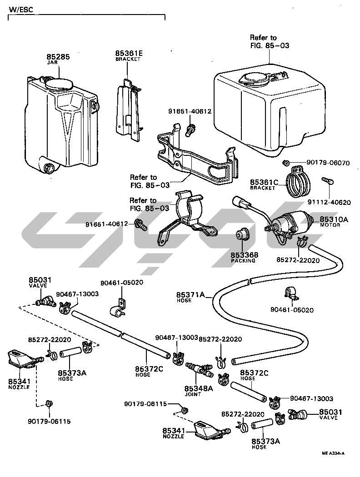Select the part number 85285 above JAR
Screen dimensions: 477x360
tap(58, 57)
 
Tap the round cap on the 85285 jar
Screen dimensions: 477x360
tap(59, 84)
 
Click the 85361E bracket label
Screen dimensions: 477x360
tap(129, 53)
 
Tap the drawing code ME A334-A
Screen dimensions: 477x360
tap(333, 453)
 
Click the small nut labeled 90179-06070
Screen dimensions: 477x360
tap(286, 162)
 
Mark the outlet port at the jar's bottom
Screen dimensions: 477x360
tap(48, 167)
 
